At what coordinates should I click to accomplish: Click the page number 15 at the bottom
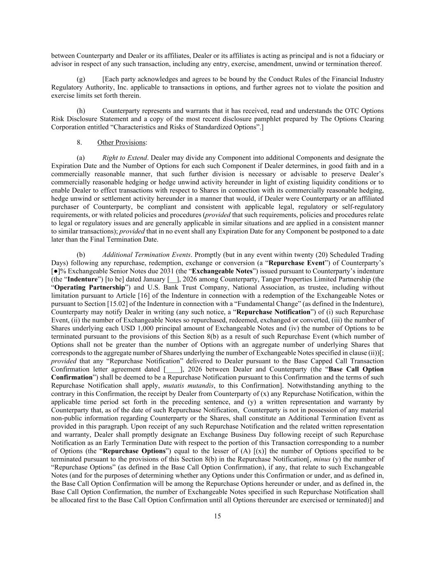point(217,516)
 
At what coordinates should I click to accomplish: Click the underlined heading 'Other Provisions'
point(121,142)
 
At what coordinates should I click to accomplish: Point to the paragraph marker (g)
point(81,79)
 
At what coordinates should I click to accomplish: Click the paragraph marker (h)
point(81,111)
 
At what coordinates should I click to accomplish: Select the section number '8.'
point(79,142)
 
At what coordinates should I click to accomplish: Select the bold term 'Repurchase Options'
point(134,451)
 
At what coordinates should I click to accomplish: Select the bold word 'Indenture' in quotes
point(80,280)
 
